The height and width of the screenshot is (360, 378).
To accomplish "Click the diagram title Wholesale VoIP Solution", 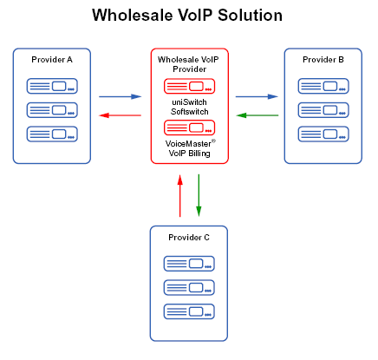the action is tap(187, 16).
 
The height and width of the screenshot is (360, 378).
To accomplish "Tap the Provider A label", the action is tap(52, 60).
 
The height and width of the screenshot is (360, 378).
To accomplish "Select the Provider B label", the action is tap(323, 60).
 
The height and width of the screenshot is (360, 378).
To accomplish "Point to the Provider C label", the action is tap(189, 238).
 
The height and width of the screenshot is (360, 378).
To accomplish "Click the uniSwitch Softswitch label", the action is tap(189, 107).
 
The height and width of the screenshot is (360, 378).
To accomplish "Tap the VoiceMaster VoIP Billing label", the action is tap(190, 148).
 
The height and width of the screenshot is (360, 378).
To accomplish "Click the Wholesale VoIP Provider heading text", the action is tap(188, 64).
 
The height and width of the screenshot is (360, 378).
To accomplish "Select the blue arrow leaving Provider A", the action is tap(120, 96).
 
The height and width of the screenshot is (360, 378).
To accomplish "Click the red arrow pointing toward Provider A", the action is tap(120, 115).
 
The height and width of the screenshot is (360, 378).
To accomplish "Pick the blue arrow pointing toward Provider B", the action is tap(257, 96).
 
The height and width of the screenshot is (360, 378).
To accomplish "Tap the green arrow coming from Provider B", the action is tap(257, 115).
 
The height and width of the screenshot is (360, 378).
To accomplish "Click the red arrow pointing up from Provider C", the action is tap(180, 195).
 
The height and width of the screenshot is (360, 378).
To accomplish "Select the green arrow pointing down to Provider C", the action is tap(199, 195).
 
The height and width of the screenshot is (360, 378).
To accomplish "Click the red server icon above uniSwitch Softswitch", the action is tap(189, 86).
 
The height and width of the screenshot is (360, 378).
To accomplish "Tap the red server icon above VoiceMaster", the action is tap(189, 128).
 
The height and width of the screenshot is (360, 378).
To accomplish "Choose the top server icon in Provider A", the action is tap(52, 86).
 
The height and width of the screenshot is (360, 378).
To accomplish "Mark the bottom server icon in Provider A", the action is tap(52, 134).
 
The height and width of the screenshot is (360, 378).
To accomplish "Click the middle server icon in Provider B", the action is tap(323, 110).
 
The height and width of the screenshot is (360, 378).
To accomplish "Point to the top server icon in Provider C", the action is tap(189, 264).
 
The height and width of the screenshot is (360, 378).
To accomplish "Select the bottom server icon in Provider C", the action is tap(189, 311).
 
